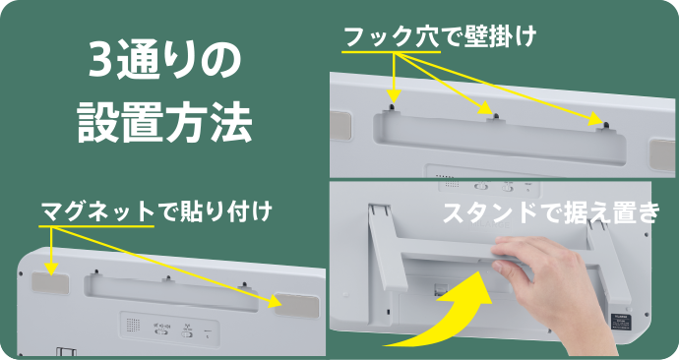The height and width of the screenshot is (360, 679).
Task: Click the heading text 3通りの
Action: point(164,61)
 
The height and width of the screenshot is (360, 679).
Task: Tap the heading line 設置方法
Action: point(164,122)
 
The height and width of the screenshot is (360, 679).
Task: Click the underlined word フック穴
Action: point(392,36)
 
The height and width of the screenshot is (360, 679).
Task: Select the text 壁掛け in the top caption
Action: point(501,36)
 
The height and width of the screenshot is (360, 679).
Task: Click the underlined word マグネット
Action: point(97,211)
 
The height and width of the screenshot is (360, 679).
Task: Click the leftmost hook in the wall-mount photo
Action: point(393,108)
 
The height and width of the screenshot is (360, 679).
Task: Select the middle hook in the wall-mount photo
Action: point(496,117)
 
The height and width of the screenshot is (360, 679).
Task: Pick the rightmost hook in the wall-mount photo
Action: point(605,126)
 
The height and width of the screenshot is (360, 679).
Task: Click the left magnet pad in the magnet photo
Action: point(50,283)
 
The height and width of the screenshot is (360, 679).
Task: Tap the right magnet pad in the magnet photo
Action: point(297,305)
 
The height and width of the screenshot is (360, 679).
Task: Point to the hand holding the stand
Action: point(545,277)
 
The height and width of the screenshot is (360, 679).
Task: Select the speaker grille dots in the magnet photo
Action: point(133,325)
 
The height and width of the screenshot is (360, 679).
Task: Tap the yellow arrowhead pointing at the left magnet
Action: point(51,270)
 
